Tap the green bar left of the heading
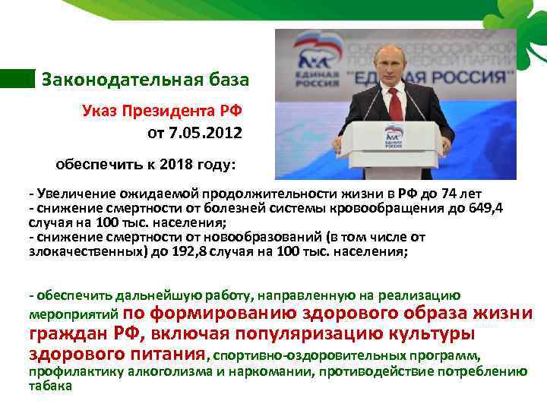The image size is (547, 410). tap(17, 78)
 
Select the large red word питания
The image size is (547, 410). tap(166, 354)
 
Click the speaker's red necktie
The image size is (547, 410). tap(394, 101)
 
